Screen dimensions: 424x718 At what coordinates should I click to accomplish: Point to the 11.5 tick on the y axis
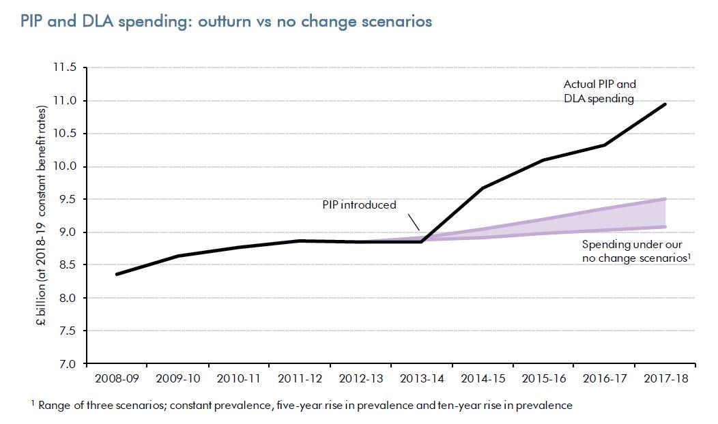coord(66,68)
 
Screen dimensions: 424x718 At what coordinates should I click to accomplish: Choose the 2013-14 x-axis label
coord(422,377)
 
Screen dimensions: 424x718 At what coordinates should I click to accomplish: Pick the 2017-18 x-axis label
coord(664,377)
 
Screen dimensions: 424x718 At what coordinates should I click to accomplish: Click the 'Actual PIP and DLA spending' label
coord(599,91)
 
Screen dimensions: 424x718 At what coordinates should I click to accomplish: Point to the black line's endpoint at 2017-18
coord(665,104)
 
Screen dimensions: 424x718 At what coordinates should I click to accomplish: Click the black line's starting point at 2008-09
coord(117,274)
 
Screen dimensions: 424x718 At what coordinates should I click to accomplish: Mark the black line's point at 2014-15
coord(483,187)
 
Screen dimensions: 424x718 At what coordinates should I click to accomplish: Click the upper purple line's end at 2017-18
coord(665,199)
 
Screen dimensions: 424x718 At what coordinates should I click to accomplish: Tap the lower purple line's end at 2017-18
coord(665,227)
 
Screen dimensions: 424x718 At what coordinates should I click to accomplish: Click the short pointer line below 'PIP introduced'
coord(414,221)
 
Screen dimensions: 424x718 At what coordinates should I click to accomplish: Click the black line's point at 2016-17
coord(604,145)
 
